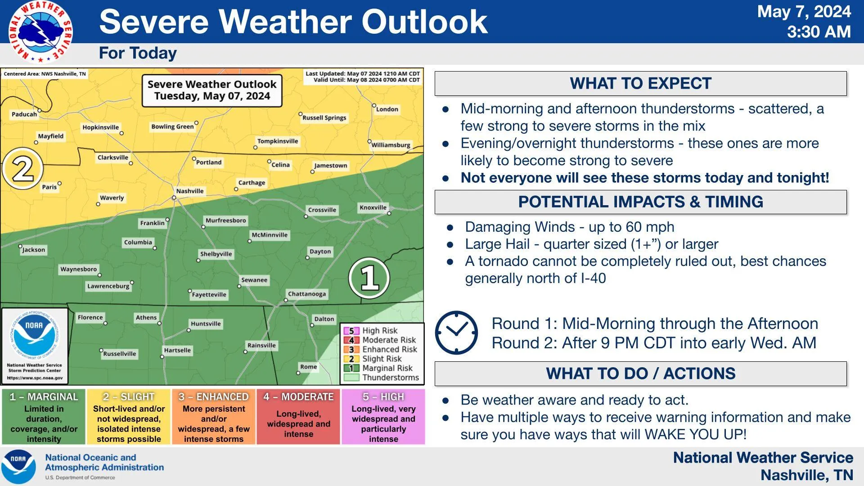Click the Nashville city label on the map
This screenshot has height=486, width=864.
(189, 191)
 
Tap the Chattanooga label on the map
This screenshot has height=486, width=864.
(307, 294)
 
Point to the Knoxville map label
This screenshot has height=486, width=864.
(373, 207)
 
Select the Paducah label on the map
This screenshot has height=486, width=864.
(24, 114)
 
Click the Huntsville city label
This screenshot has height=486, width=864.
(206, 324)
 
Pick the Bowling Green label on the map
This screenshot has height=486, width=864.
(172, 126)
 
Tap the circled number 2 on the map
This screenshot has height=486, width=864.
(22, 169)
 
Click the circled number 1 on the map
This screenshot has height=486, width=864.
(369, 278)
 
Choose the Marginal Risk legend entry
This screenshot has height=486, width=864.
(378, 368)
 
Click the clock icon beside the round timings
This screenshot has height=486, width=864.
(456, 333)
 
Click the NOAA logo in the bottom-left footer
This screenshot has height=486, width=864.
(18, 466)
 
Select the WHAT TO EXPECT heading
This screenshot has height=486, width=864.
(640, 83)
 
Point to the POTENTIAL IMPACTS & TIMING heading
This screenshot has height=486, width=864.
(640, 202)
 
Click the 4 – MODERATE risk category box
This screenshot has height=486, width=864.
(298, 417)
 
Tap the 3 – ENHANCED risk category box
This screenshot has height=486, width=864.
(214, 417)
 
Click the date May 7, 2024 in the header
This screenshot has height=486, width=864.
(804, 12)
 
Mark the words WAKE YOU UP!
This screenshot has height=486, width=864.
(696, 434)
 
